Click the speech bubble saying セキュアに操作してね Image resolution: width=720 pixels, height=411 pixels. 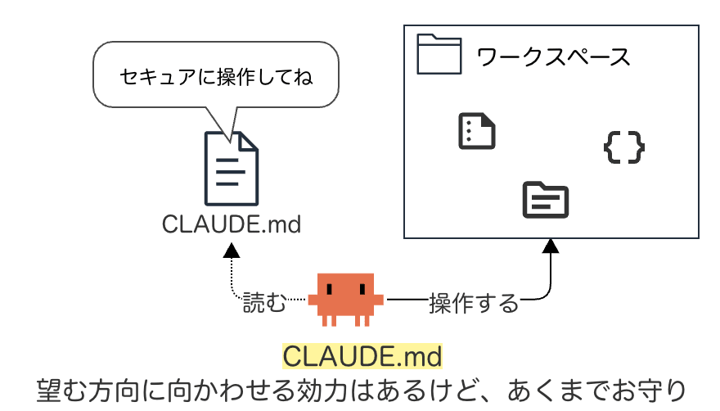(x=216, y=75)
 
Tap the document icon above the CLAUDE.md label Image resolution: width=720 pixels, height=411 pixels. (x=232, y=169)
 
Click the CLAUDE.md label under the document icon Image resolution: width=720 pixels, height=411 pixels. (x=232, y=224)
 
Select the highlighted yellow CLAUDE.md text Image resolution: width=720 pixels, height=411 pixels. (x=362, y=356)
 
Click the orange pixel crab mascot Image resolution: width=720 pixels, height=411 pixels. (x=346, y=300)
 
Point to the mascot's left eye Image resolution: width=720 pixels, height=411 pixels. (x=329, y=289)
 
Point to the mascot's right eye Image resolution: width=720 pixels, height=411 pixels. (x=362, y=289)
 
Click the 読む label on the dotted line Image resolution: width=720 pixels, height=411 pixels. (x=264, y=302)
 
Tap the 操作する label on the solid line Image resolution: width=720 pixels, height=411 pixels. (x=474, y=304)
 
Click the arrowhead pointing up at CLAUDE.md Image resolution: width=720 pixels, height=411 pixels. (x=232, y=251)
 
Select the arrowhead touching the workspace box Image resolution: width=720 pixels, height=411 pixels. (x=551, y=246)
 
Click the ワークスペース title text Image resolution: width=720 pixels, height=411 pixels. (x=553, y=57)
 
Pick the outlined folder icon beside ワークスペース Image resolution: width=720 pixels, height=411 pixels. (x=439, y=54)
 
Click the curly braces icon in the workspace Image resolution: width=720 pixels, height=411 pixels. (x=624, y=147)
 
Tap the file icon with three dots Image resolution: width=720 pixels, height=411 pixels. (x=477, y=131)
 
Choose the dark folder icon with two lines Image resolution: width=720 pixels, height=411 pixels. (x=546, y=200)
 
